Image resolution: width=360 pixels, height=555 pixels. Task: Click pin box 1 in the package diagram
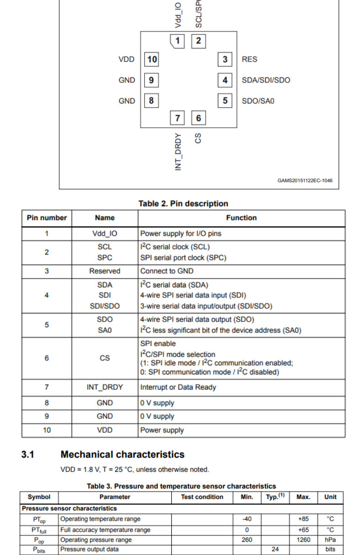177,41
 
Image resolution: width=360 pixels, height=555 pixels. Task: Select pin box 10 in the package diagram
152,59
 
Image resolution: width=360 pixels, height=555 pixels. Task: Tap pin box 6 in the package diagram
198,118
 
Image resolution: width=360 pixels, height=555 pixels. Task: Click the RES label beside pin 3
249,59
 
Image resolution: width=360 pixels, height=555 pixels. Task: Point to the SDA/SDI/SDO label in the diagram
266,80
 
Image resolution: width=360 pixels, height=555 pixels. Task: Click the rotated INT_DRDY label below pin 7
178,152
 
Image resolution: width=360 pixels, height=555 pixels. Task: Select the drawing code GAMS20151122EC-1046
305,181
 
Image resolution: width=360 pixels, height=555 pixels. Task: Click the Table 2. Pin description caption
183,203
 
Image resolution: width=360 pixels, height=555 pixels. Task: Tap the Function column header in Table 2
241,218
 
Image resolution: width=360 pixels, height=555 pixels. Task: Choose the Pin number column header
46,218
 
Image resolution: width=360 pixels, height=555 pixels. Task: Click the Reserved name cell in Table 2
105,271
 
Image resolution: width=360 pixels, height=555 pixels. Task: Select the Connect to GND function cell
167,271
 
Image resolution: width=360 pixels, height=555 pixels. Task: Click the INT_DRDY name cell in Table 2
105,387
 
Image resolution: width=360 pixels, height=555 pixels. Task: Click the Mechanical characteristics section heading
122,455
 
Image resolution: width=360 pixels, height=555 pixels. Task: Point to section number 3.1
28,455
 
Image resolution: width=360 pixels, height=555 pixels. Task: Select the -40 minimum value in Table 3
247,519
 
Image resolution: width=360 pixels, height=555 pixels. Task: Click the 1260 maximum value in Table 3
303,540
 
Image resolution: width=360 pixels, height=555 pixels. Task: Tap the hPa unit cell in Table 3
330,540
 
